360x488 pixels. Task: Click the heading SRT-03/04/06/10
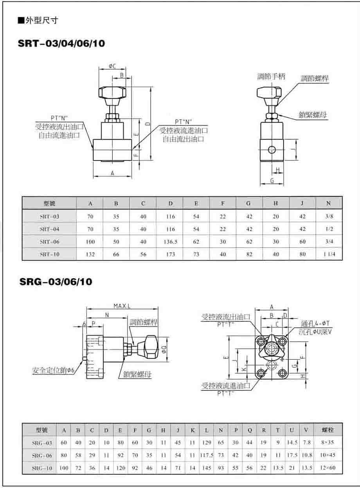tap(61, 43)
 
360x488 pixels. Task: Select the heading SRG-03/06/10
tap(56, 282)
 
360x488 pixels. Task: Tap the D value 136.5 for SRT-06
tap(171, 242)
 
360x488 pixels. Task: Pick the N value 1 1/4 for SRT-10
tap(329, 254)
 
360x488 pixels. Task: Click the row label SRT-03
tap(50, 217)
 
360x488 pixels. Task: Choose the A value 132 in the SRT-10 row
tap(90, 254)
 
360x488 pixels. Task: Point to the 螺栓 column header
tap(328, 430)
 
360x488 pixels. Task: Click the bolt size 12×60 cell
tap(328, 468)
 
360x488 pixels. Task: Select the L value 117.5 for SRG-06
tap(207, 455)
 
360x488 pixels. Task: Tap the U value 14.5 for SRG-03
tap(292, 443)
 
